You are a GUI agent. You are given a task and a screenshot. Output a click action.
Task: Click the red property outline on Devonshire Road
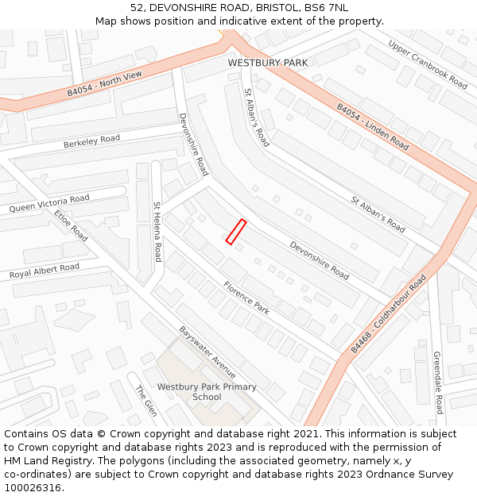pos(235,231)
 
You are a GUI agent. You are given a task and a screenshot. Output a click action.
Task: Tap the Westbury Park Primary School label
pos(207,392)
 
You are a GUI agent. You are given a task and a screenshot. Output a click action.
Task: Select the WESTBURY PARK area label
pos(267,63)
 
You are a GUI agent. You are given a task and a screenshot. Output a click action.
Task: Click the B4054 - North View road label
pos(104,83)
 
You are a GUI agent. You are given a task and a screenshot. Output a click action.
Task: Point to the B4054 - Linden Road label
pos(372,127)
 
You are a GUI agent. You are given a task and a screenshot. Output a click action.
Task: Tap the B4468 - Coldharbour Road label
pos(389,313)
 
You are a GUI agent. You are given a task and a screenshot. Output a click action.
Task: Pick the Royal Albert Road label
pos(45,271)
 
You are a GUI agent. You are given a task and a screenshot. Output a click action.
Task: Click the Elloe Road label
pos(72,225)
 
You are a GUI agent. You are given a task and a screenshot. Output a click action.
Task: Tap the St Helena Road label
pos(157,231)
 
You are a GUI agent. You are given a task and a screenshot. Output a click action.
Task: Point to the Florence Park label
pos(246,298)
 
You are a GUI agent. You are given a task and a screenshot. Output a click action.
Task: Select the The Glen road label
pos(145,401)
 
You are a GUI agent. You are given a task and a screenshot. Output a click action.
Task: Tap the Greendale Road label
pos(438,383)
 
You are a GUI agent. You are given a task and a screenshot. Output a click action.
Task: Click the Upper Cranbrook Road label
pos(428,63)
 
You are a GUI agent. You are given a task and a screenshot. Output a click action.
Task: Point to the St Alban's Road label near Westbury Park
pos(257,117)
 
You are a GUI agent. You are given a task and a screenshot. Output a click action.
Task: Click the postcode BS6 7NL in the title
pos(326,7)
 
